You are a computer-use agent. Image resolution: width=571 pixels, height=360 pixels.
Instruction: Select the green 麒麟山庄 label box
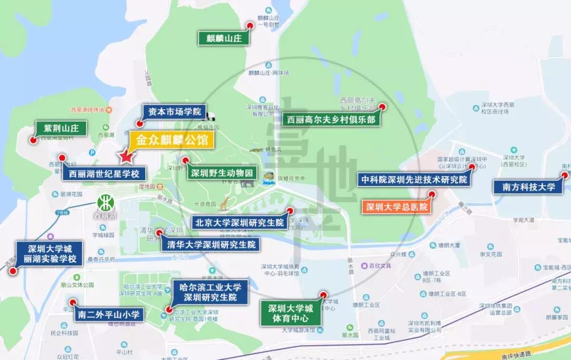(223, 38)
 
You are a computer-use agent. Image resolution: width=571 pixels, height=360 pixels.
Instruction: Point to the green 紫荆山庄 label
(61, 128)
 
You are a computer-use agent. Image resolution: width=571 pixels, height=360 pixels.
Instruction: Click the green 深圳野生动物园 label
(223, 173)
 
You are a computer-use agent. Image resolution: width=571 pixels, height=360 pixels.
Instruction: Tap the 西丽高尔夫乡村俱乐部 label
(331, 119)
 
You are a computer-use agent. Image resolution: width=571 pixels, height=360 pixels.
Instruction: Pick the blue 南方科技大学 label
(528, 187)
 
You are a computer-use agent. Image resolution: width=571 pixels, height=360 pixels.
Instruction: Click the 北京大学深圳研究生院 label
(239, 222)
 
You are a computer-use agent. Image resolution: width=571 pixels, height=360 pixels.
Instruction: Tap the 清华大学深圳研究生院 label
(211, 245)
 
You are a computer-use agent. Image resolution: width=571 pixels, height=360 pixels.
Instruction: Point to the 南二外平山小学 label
(108, 315)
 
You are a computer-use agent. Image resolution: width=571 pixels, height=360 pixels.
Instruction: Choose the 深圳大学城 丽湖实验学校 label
(49, 254)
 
